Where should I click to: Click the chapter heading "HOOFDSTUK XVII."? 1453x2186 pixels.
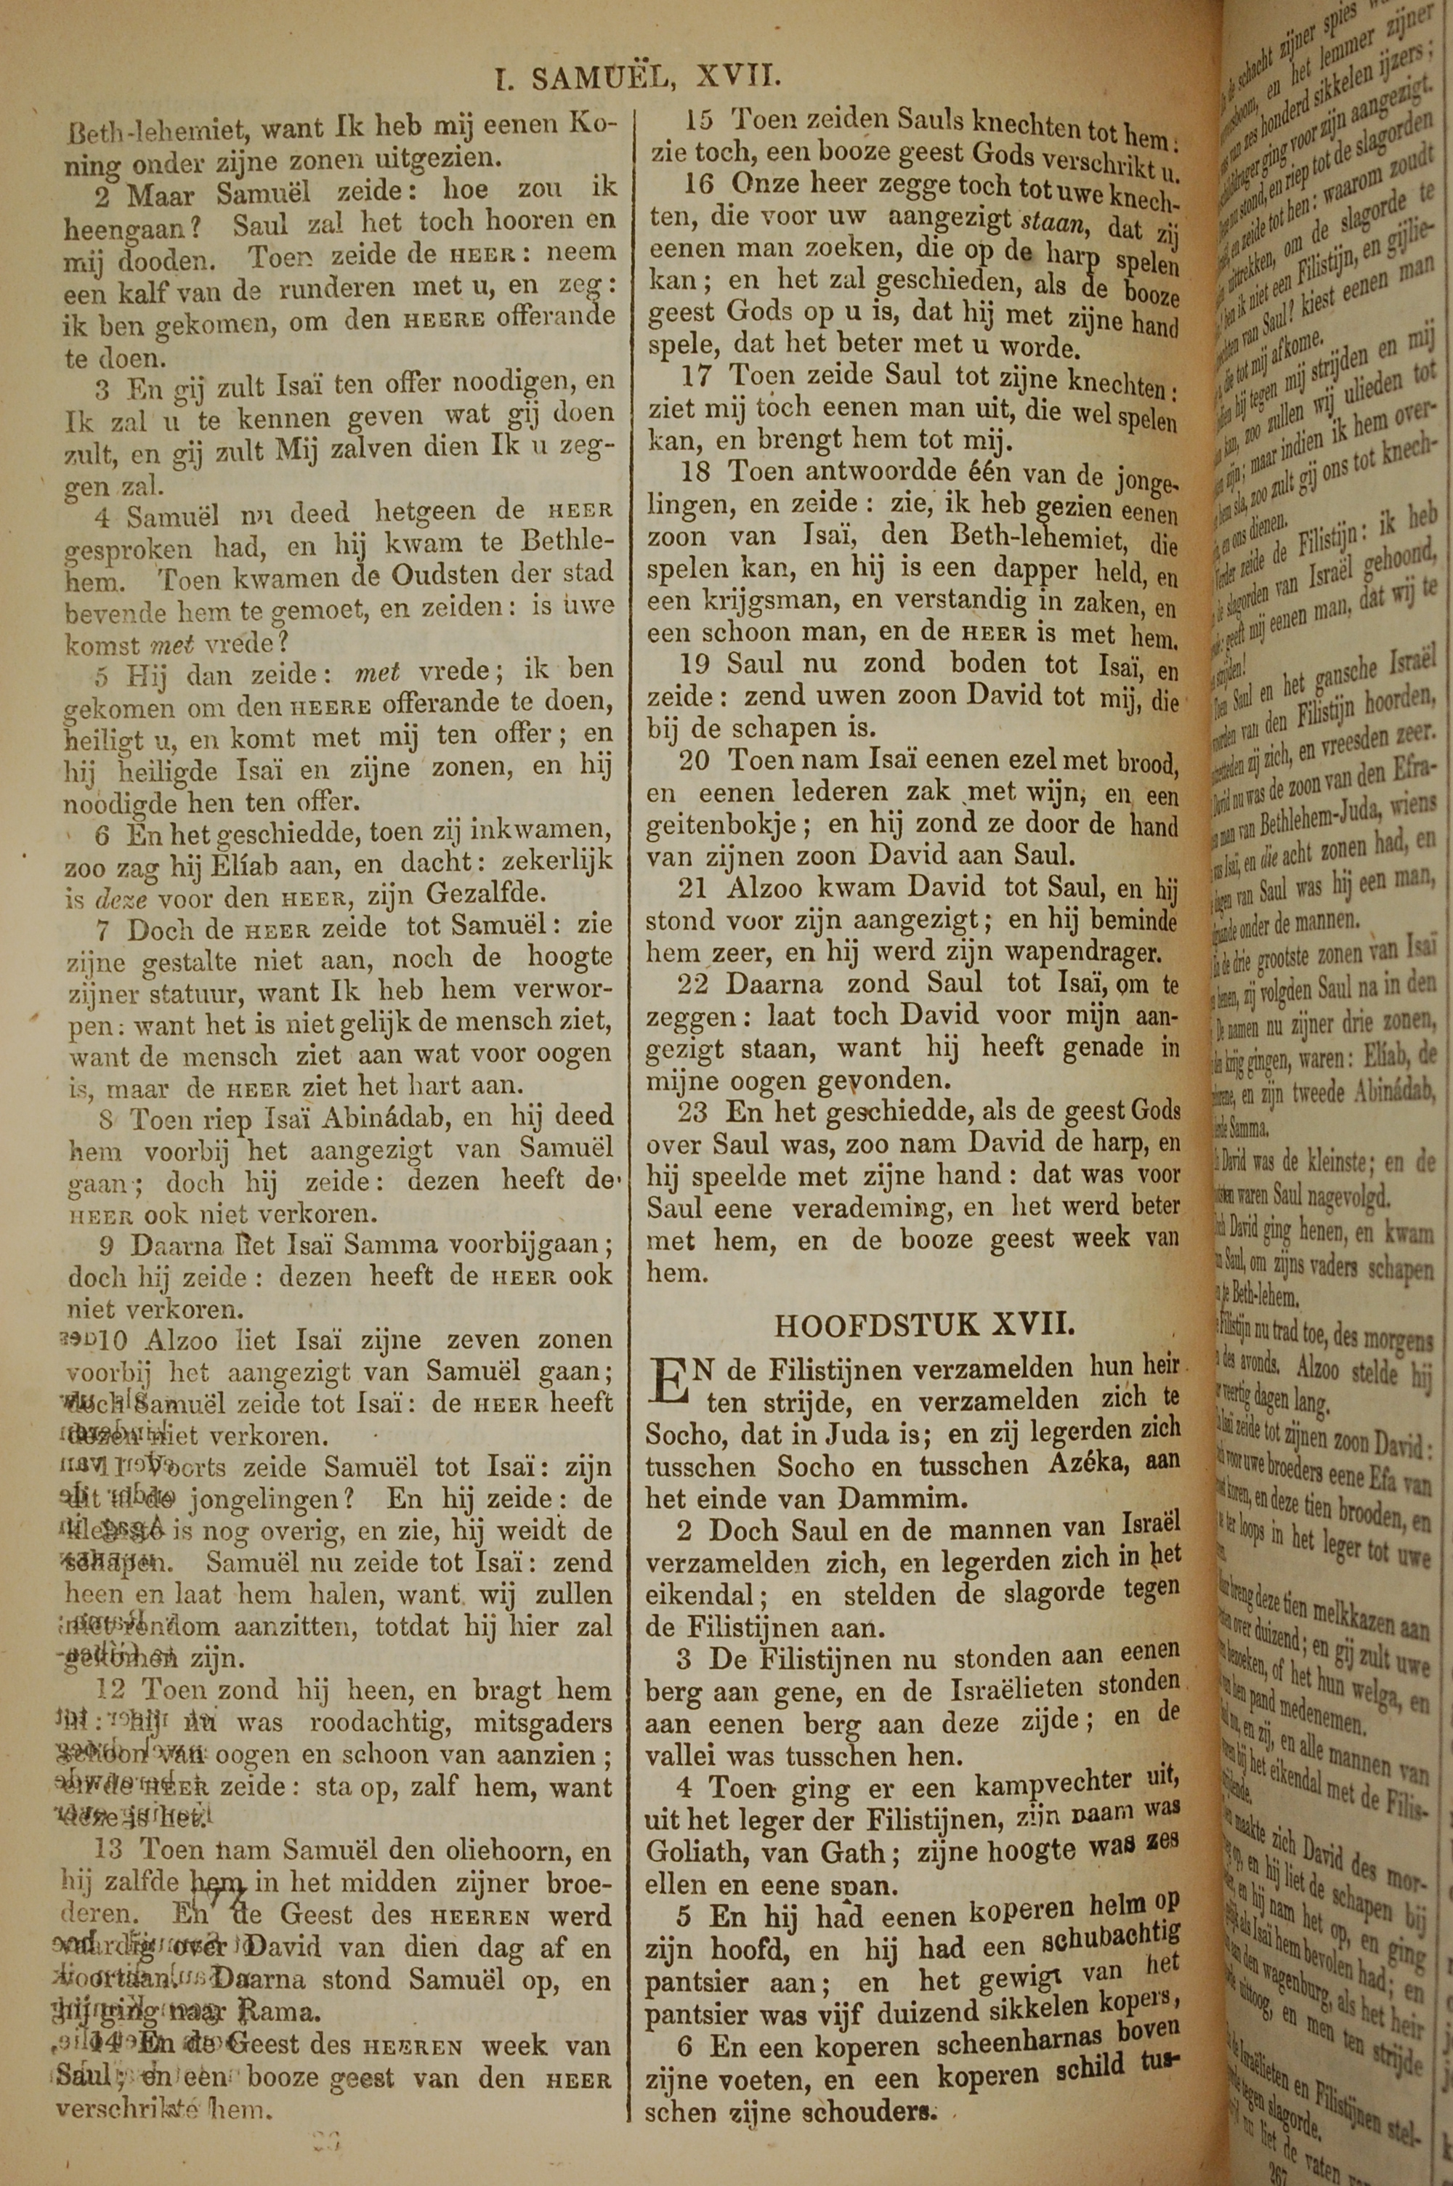(x=924, y=1324)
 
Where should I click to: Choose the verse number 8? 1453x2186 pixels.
(x=107, y=1119)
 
